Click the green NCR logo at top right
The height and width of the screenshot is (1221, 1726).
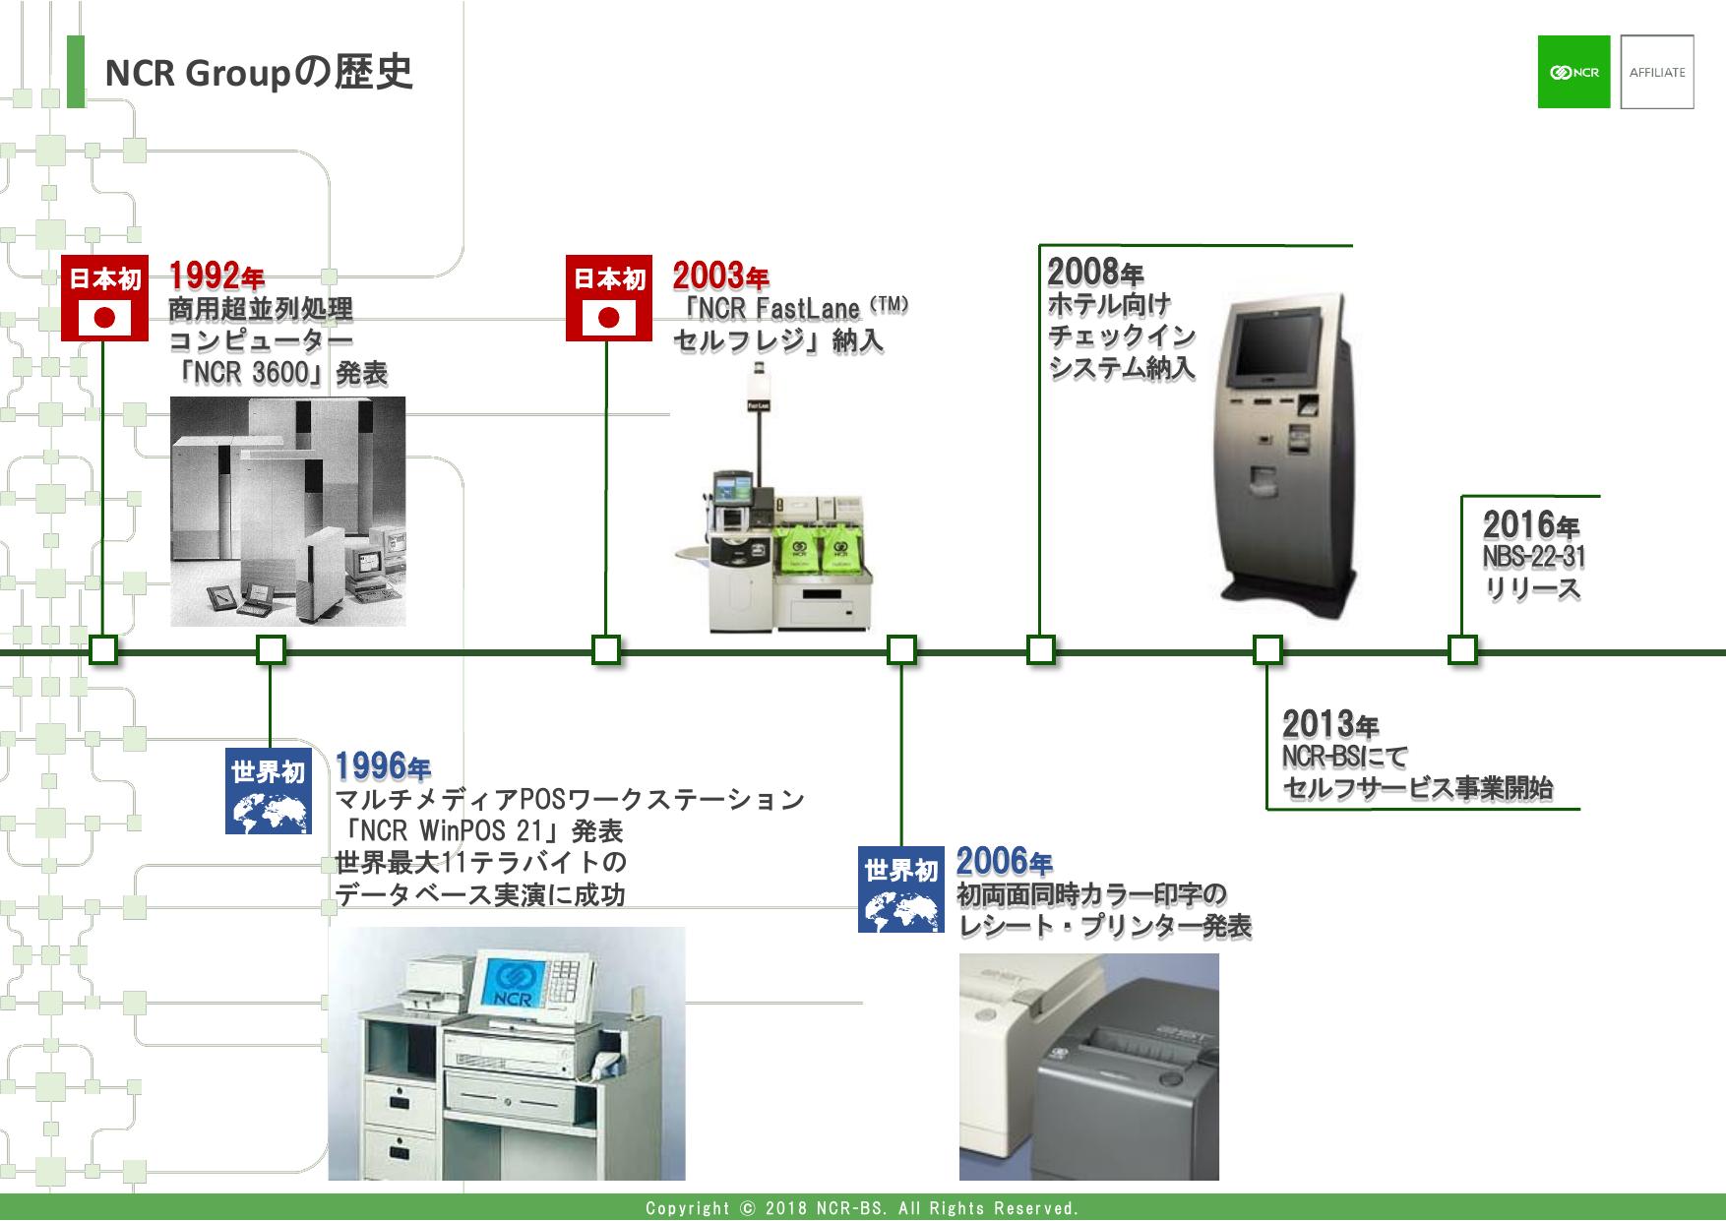pos(1573,72)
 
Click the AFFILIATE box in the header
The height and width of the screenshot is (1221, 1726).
pos(1657,72)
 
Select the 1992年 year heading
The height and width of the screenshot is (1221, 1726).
pos(216,276)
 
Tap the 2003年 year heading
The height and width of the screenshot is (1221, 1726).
pos(719,276)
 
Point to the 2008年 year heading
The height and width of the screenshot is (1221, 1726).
pos(1094,271)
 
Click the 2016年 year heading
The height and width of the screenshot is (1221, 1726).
pos(1530,524)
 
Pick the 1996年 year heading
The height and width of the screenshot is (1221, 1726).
pos(382,765)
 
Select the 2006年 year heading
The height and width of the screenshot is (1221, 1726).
pos(1004,863)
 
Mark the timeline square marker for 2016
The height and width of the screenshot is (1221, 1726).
pos(1462,650)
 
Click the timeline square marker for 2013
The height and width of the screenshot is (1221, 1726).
pos(1267,650)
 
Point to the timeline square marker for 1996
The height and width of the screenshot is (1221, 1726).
pos(271,650)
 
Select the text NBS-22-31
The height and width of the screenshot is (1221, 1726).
pos(1533,558)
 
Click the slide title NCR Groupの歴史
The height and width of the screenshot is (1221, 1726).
pos(258,72)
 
